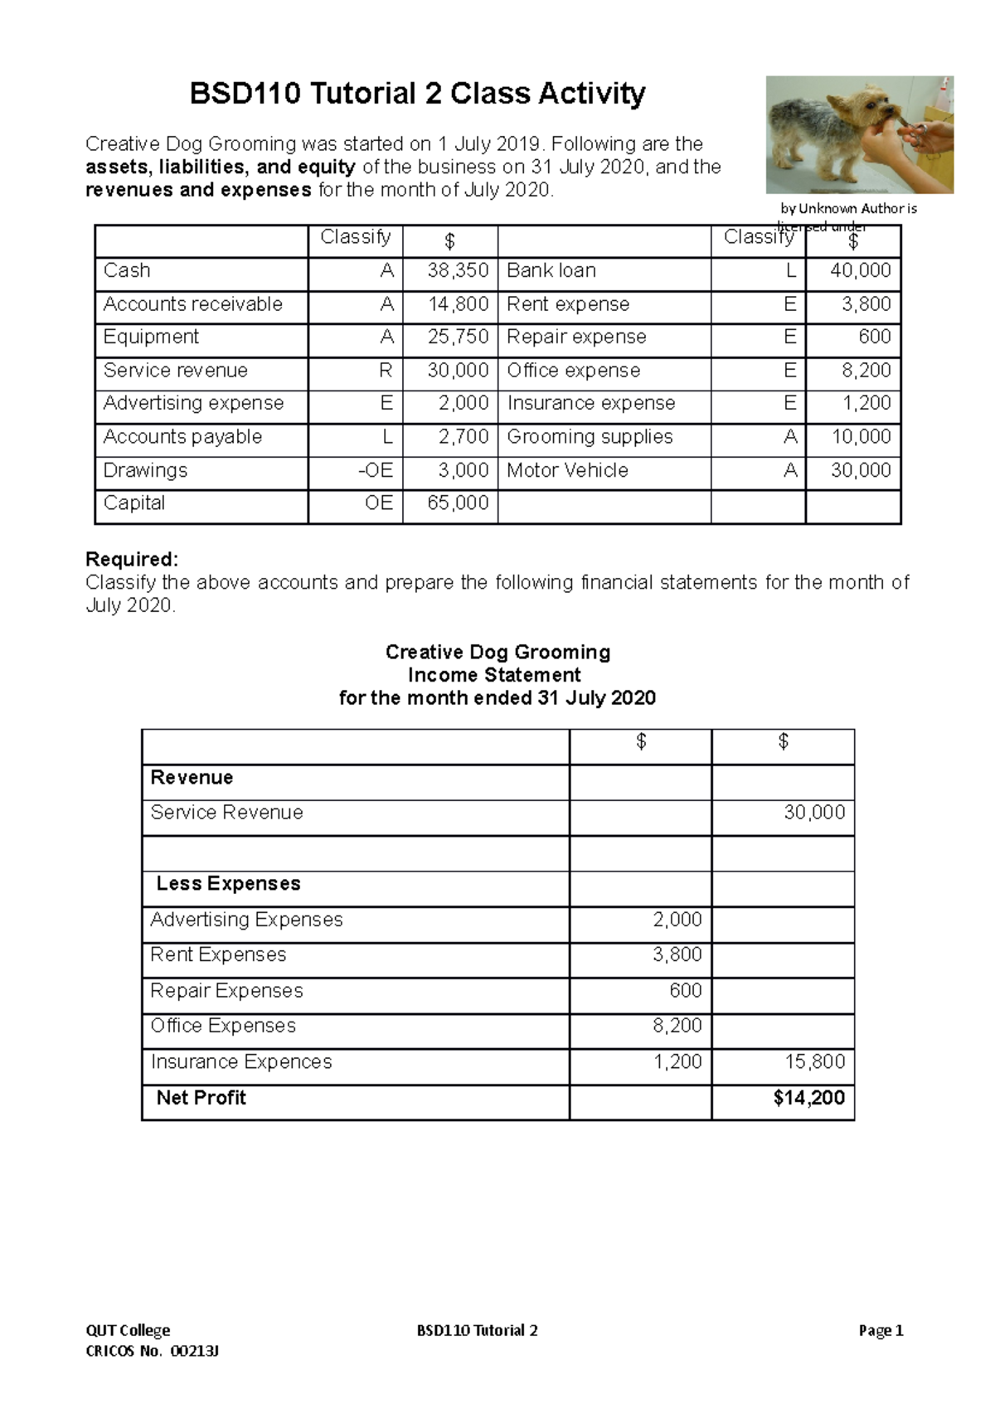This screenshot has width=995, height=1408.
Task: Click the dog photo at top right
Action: coord(859,134)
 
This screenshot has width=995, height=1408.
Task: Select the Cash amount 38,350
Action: coord(458,271)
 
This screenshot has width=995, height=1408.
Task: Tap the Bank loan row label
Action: coord(551,271)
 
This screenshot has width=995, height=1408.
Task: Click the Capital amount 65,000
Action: coord(458,503)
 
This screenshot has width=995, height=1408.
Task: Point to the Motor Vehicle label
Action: coord(567,471)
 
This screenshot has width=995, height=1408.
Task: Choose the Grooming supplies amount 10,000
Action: coord(861,437)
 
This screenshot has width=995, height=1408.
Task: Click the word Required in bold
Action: coord(131,560)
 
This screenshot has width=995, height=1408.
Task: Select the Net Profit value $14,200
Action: coord(808,1099)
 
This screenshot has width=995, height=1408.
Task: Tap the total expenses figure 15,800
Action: coord(814,1062)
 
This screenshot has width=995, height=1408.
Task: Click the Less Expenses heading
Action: coord(228,884)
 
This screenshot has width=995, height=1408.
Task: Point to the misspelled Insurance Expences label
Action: coord(241,1062)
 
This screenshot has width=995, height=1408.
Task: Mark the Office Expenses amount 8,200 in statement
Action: coord(677,1027)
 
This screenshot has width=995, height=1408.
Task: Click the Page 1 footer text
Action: coord(881,1331)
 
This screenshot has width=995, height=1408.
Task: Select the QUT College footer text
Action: coord(128,1331)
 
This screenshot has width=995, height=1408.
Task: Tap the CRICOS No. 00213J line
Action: coord(152,1352)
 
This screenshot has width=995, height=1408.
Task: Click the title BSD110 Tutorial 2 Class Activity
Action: coord(417,94)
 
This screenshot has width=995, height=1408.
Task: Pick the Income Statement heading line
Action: coord(494,675)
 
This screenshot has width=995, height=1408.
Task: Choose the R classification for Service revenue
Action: coord(385,371)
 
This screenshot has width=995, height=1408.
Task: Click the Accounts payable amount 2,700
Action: coord(463,437)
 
